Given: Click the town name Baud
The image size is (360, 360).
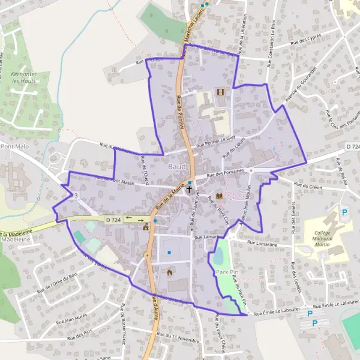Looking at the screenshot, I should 177,166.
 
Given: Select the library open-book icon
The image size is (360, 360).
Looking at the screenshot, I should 219,196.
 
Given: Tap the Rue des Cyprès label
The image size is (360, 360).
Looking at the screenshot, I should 306,39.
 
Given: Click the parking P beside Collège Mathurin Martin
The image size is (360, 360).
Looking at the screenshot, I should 344,212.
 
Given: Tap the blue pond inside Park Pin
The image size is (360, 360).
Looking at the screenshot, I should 218,257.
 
